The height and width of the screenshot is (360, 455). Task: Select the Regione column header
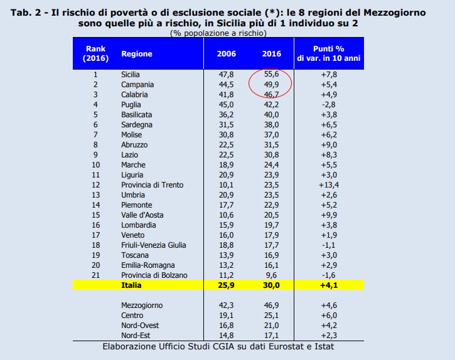pos(137,54)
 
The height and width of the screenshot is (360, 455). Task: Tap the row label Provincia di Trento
pos(150,184)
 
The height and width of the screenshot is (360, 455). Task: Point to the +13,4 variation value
pos(335,184)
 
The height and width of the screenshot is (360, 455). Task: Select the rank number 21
pos(96,275)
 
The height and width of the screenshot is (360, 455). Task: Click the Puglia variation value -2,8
pos(335,105)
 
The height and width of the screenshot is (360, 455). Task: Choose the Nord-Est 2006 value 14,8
pos(226,336)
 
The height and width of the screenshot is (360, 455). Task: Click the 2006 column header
pos(226,54)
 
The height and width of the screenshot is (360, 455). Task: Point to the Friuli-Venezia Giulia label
pos(153,245)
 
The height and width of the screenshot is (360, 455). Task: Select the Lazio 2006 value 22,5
pos(226,154)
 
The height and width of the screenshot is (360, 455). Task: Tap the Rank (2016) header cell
pos(96,54)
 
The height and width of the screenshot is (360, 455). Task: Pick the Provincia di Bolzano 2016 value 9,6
pos(270,275)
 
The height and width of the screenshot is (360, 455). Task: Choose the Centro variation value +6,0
pos(335,315)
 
